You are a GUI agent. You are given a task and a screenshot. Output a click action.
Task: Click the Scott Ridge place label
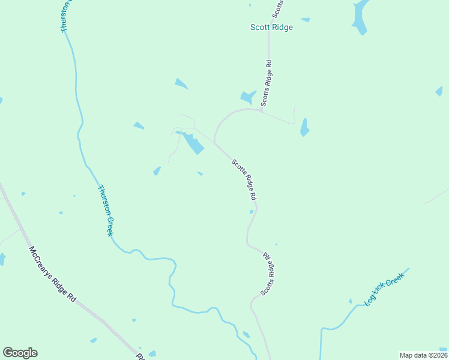[271, 27]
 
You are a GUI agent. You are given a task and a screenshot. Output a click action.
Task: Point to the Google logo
[20, 353]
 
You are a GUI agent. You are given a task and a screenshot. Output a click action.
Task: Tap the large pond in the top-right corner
[360, 17]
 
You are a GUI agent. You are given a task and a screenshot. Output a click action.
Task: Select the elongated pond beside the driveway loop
[193, 143]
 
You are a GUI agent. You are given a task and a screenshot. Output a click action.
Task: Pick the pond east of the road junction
[304, 127]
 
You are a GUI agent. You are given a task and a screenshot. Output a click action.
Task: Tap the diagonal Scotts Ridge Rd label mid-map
[245, 179]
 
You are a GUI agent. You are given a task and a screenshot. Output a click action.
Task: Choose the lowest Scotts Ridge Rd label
[267, 274]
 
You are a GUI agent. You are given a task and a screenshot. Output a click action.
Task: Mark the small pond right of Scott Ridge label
[306, 20]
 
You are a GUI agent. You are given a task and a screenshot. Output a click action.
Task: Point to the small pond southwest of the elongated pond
[157, 171]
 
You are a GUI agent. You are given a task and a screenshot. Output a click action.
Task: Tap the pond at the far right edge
[439, 91]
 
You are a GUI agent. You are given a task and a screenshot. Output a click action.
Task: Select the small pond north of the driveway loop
[181, 83]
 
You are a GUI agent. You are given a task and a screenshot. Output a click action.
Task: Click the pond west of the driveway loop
[139, 125]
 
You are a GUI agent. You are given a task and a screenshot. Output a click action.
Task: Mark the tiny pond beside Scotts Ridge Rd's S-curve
[251, 211]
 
